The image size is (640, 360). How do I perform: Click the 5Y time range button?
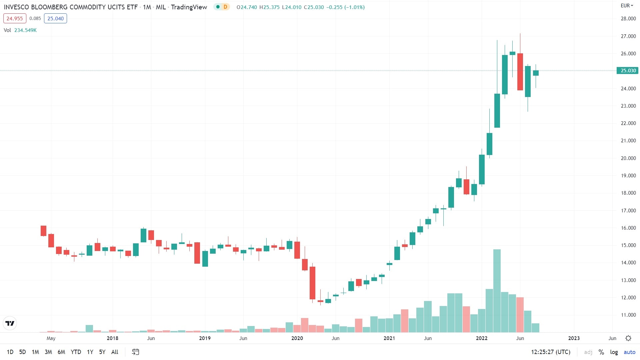click(x=102, y=352)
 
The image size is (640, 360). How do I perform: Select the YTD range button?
click(x=76, y=352)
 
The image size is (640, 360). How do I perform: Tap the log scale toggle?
click(x=614, y=352)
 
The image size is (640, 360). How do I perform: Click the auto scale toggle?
click(x=629, y=352)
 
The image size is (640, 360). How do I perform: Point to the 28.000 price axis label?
click(x=628, y=19)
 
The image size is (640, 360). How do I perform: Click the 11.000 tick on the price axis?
click(x=628, y=315)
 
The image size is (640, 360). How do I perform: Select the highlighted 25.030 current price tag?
click(x=628, y=71)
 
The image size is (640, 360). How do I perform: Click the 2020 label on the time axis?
click(x=297, y=338)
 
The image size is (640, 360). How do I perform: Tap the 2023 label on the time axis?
click(x=574, y=338)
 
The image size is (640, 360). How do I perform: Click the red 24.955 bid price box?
click(x=15, y=19)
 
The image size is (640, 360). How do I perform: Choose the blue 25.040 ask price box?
click(x=55, y=19)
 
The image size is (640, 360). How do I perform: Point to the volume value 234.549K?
click(x=25, y=30)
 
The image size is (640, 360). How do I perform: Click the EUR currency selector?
click(x=627, y=6)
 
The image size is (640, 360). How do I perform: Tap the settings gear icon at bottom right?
click(x=628, y=338)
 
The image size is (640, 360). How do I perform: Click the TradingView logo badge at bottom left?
click(x=10, y=323)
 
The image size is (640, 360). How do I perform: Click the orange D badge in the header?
click(x=225, y=7)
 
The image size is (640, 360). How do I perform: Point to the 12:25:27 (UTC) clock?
click(x=550, y=352)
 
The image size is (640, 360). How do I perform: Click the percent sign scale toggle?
click(x=601, y=352)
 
